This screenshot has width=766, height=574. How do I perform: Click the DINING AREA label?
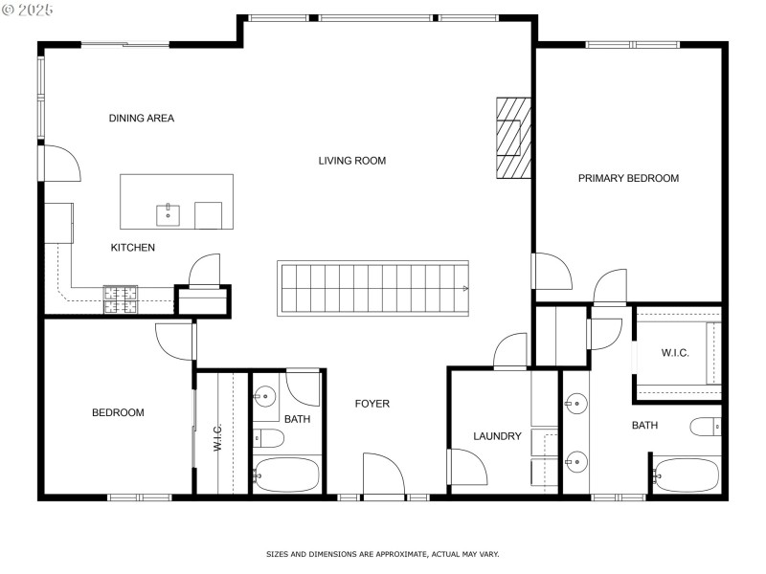pyautogui.click(x=141, y=119)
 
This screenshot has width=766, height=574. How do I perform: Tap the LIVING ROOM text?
pyautogui.click(x=352, y=161)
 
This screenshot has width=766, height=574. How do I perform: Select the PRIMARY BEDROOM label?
pyautogui.click(x=628, y=178)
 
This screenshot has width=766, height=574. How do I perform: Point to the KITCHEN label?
pyautogui.click(x=132, y=248)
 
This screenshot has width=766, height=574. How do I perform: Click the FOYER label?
pyautogui.click(x=372, y=404)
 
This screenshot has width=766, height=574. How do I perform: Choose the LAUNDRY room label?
pyautogui.click(x=497, y=436)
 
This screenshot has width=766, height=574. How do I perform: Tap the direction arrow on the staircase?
pyautogui.click(x=464, y=287)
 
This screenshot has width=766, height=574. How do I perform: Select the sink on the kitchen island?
pyautogui.click(x=169, y=211)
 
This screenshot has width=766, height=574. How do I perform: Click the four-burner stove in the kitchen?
pyautogui.click(x=121, y=299)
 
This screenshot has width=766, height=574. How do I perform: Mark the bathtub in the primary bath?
pyautogui.click(x=686, y=475)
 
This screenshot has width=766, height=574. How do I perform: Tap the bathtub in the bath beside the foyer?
pyautogui.click(x=286, y=474)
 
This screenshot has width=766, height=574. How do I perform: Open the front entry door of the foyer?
pyautogui.click(x=383, y=475)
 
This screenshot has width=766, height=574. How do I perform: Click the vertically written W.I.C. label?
pyautogui.click(x=218, y=437)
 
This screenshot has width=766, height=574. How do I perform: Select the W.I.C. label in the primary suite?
pyautogui.click(x=675, y=353)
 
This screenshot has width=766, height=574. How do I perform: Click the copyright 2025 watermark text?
pyautogui.click(x=29, y=9)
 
